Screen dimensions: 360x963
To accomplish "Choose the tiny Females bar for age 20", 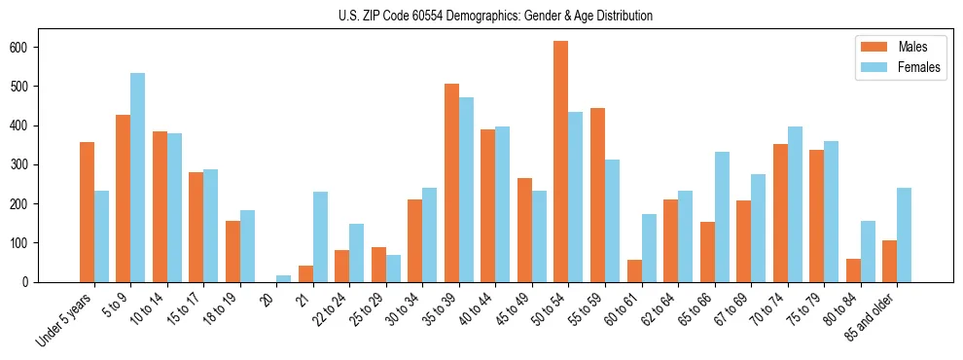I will [x=284, y=278].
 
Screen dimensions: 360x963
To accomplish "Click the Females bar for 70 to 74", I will [x=795, y=204].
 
